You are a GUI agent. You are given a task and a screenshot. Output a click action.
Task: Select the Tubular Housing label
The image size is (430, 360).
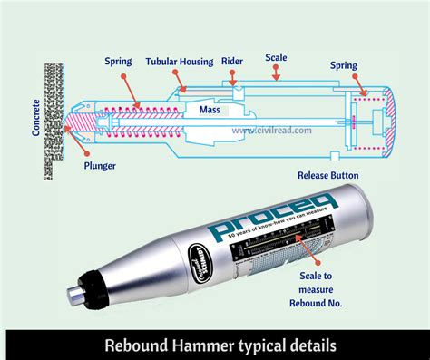(180, 63)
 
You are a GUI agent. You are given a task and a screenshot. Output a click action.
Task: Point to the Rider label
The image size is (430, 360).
(231, 63)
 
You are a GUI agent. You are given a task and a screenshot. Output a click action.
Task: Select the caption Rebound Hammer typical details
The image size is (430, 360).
(214, 345)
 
